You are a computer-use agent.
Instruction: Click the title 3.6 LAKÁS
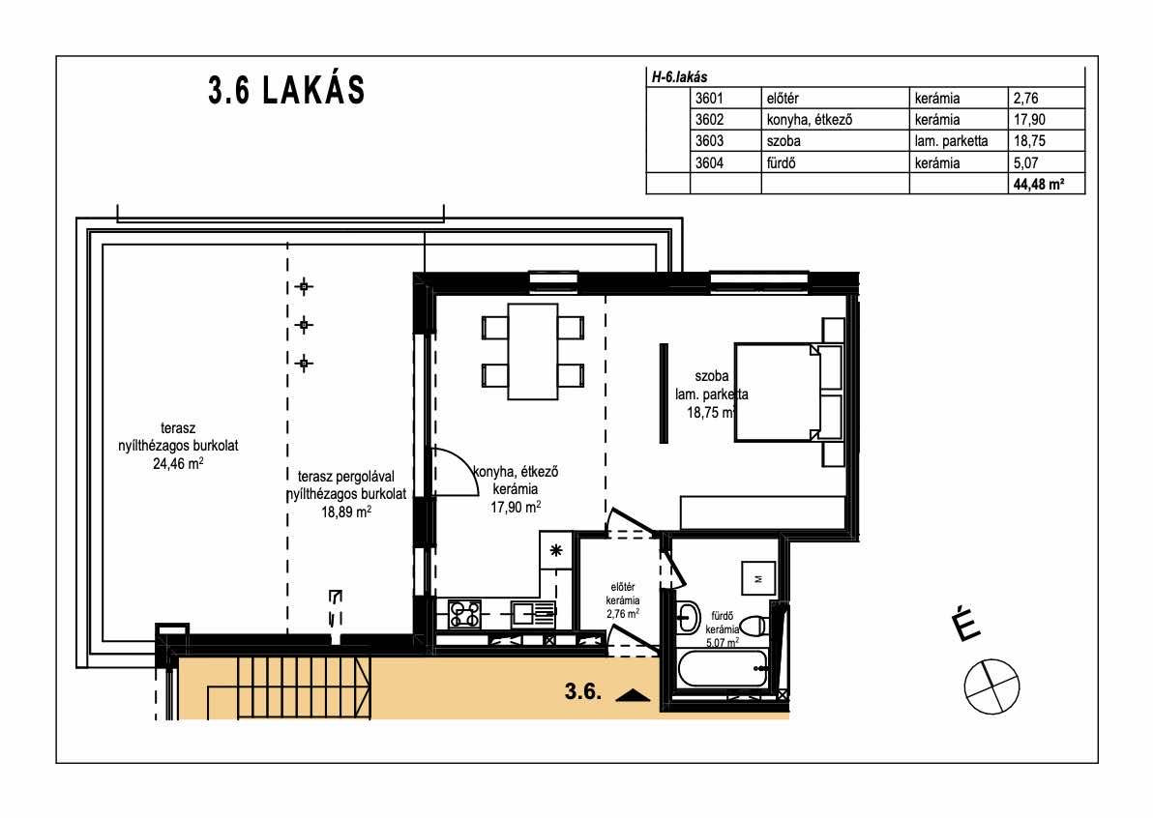click(x=286, y=90)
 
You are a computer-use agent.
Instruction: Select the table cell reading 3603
click(x=710, y=141)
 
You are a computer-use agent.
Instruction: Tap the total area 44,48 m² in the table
click(x=1038, y=185)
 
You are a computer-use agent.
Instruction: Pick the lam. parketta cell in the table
click(x=952, y=141)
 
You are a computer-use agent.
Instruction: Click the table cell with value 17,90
click(x=1029, y=120)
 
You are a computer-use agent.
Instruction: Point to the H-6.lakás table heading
click(x=679, y=77)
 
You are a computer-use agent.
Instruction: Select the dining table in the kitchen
click(x=532, y=351)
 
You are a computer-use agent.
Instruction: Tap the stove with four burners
click(x=464, y=614)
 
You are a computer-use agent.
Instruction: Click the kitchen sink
click(x=534, y=613)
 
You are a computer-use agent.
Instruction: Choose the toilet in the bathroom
click(x=754, y=627)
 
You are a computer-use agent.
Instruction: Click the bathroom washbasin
click(x=689, y=617)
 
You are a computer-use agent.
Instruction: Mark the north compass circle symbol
click(x=992, y=687)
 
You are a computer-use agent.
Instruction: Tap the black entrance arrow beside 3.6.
click(x=633, y=695)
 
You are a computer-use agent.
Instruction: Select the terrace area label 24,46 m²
click(x=178, y=464)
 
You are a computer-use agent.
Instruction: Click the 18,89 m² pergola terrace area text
click(x=345, y=512)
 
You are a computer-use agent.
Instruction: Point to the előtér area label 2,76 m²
click(x=622, y=614)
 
